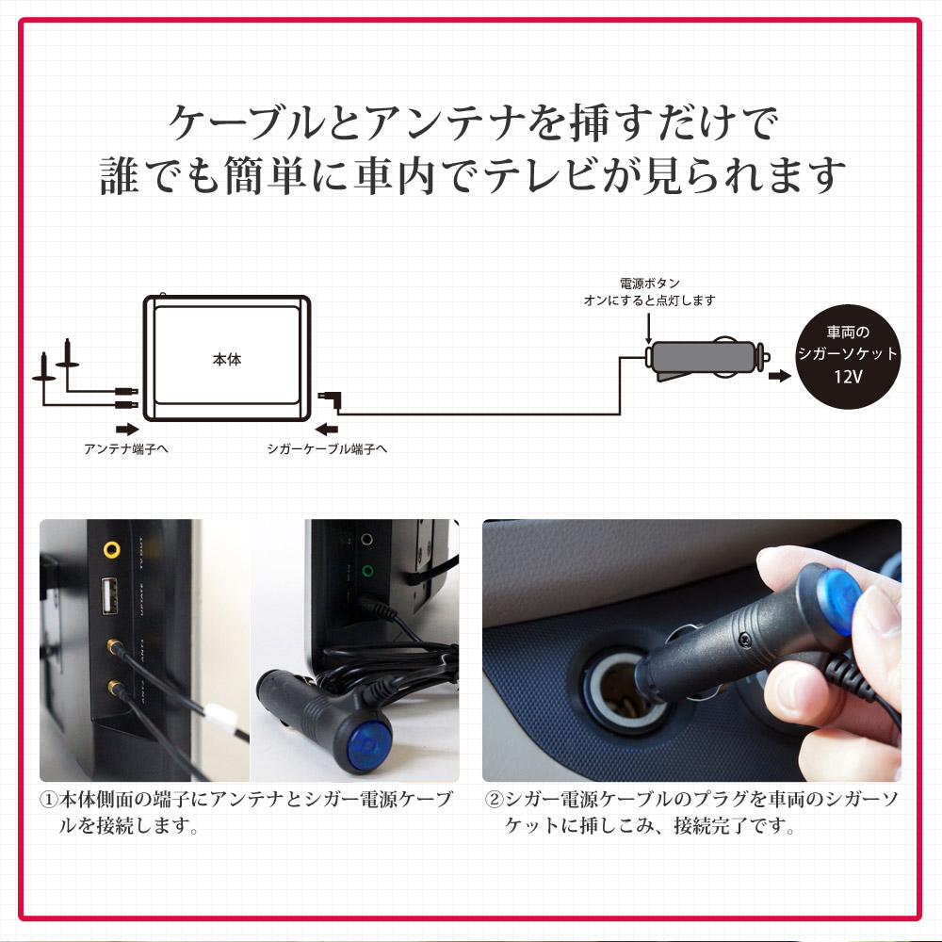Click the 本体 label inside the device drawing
[227, 360]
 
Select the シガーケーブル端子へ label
[327, 448]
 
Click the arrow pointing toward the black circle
[779, 377]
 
